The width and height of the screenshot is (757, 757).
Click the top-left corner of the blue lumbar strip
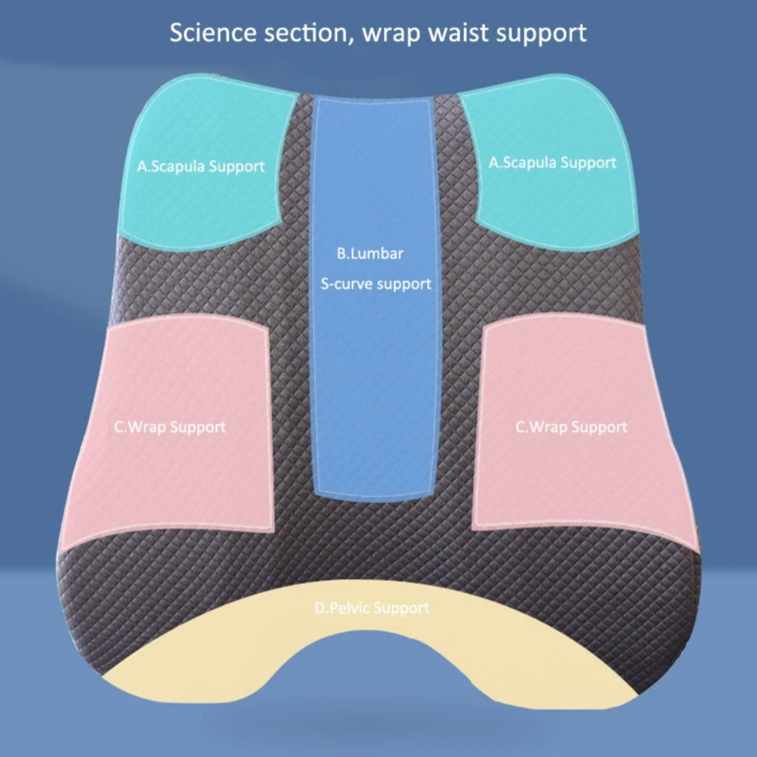(x=314, y=97)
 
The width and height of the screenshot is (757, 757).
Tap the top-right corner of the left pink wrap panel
(x=267, y=330)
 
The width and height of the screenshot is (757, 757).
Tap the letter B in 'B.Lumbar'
(x=341, y=254)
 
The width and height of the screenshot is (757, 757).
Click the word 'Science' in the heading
(x=213, y=33)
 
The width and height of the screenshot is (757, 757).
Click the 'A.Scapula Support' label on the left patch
(x=201, y=167)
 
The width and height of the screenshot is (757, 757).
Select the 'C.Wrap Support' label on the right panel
(x=572, y=428)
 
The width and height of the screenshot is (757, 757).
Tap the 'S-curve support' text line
(x=376, y=284)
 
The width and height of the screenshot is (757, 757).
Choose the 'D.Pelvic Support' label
(x=371, y=608)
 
